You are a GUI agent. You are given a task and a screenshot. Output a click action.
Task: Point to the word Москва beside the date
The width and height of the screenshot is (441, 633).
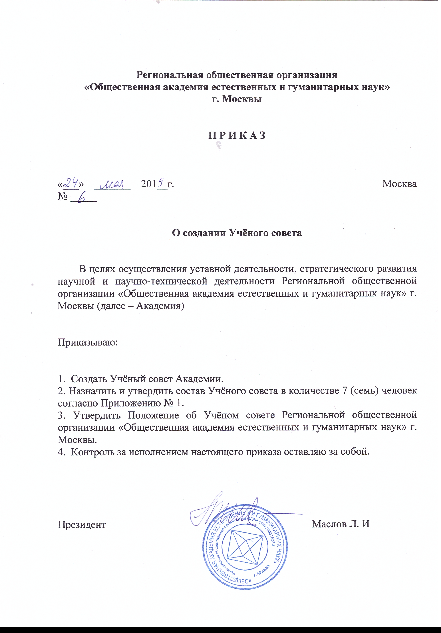[x=399, y=184]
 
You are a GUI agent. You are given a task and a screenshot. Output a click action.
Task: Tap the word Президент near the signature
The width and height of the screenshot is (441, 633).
[x=82, y=524]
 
